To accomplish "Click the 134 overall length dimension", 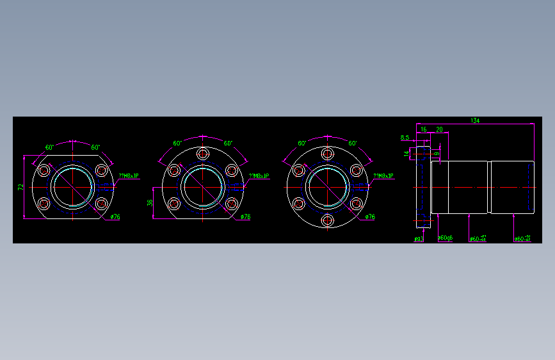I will click(475, 120).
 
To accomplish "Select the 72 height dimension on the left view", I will click(20, 187).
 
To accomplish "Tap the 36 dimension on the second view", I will click(150, 202).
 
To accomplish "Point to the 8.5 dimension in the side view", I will click(405, 138).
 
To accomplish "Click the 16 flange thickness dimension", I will click(423, 129).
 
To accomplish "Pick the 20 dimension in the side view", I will click(439, 129).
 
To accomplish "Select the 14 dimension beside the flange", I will click(406, 153).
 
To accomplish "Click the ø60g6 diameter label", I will click(446, 238).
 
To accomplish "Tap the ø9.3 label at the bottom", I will click(419, 238).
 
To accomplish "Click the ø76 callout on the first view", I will click(115, 217).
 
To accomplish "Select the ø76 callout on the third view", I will click(369, 217).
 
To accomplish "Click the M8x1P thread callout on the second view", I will click(259, 176).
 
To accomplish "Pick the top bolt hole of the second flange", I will click(203, 154).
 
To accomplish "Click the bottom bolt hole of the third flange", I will click(328, 220).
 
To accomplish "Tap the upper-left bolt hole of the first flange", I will click(44, 170).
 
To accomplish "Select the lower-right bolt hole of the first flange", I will click(101, 204).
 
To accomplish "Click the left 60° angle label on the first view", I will click(49, 148).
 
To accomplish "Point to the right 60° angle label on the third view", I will click(352, 143).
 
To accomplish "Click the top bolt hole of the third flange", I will click(328, 154).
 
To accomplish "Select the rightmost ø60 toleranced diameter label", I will click(523, 238).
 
